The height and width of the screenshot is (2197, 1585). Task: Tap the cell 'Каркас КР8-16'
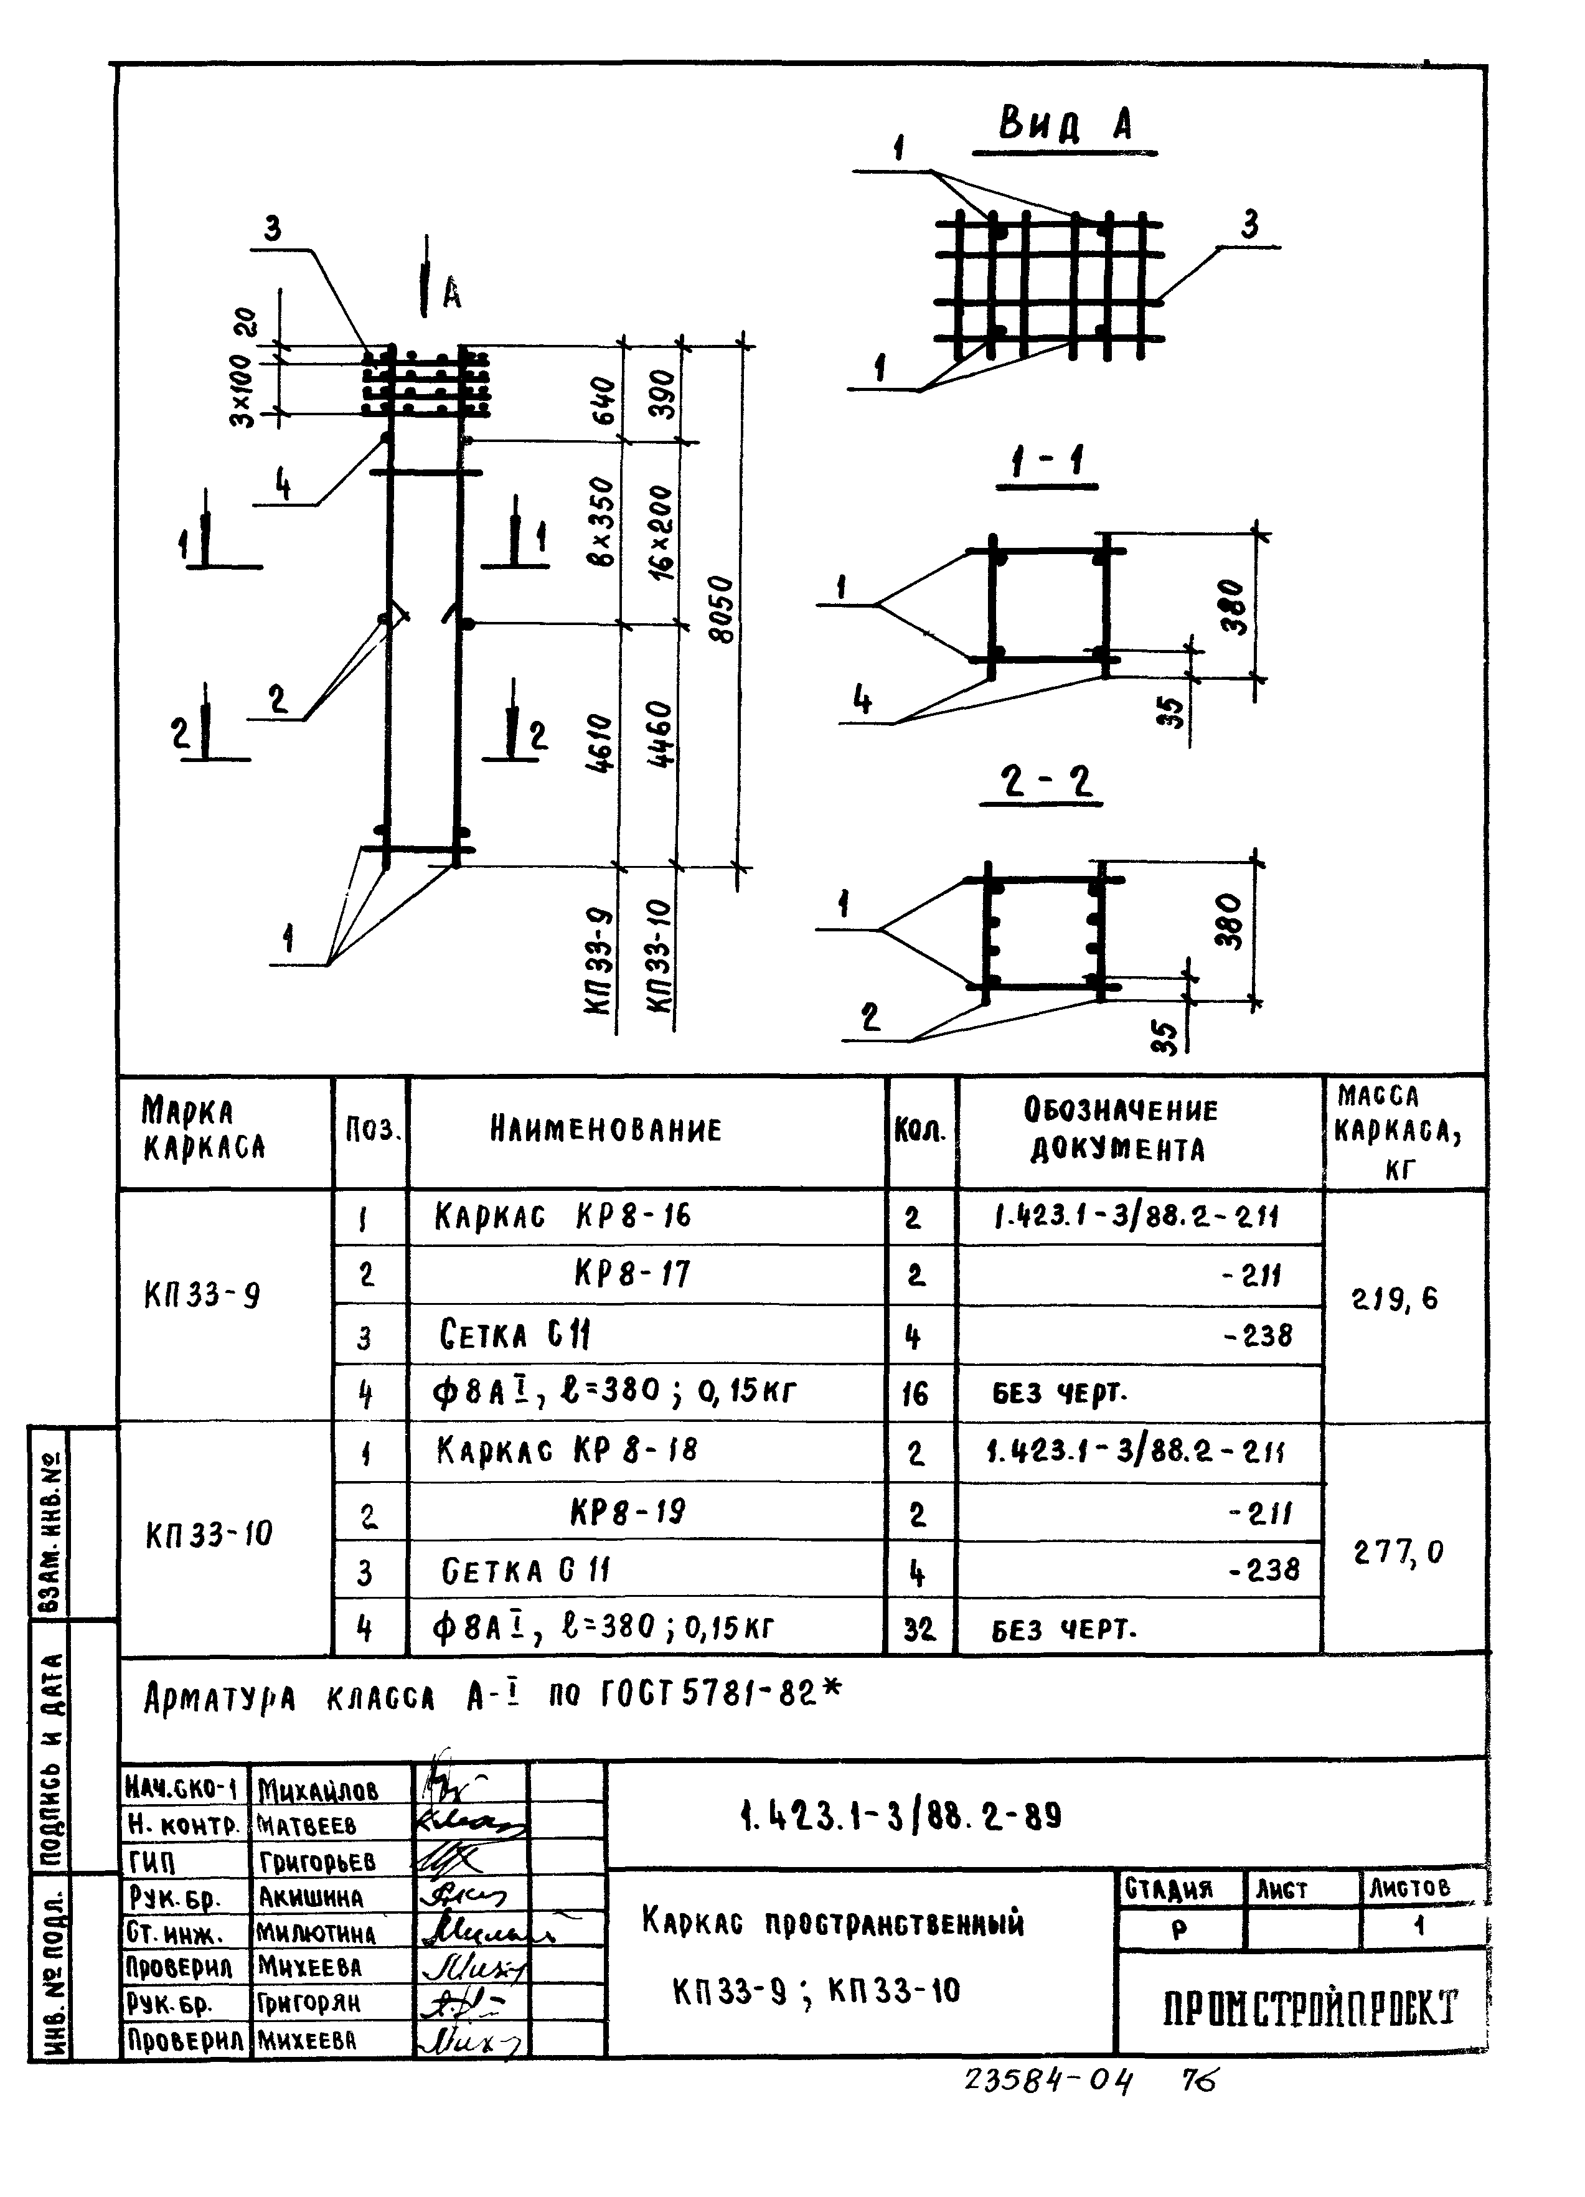pyautogui.click(x=563, y=1216)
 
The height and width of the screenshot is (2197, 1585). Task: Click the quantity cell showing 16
pyautogui.click(x=916, y=1394)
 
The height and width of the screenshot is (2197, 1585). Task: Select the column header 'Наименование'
pyautogui.click(x=606, y=1129)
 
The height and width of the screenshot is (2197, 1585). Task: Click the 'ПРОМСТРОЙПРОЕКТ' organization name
pyautogui.click(x=1309, y=2008)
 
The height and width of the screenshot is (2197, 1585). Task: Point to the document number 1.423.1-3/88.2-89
pyautogui.click(x=900, y=1814)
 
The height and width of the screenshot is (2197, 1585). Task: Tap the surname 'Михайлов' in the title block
pyautogui.click(x=317, y=1790)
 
